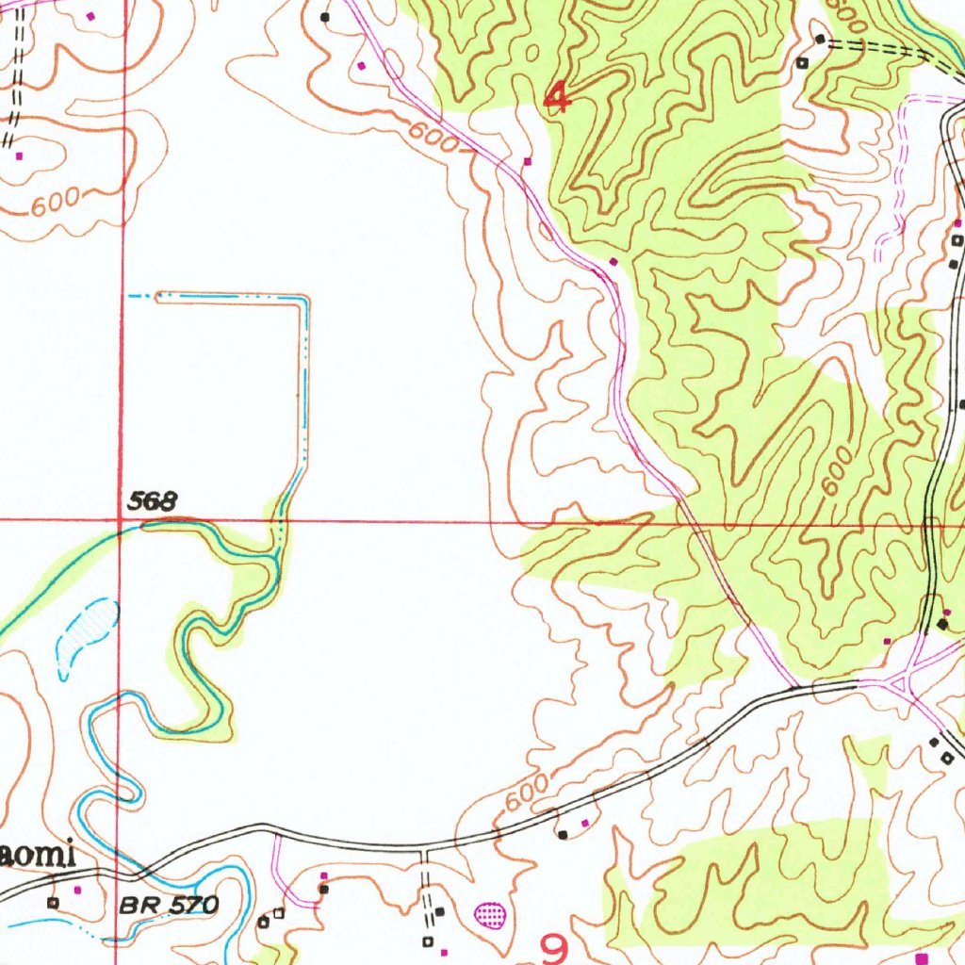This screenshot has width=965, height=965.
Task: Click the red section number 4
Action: click(558, 97)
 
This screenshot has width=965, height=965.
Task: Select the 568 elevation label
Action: click(153, 502)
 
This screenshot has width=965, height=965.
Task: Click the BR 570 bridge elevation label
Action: click(169, 907)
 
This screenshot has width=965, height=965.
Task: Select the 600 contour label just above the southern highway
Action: click(526, 793)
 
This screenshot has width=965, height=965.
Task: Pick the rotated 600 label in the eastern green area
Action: click(835, 471)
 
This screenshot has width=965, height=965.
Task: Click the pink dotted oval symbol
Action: click(490, 912)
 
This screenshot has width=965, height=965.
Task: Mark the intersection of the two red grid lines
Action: click(122, 519)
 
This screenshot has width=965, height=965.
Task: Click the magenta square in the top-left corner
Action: click(90, 16)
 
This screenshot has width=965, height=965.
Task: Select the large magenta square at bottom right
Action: click(921, 957)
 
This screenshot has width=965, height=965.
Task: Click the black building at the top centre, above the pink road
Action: click(325, 16)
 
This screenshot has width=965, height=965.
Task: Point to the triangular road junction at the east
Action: click(906, 680)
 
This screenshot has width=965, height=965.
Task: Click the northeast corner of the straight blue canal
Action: click(305, 298)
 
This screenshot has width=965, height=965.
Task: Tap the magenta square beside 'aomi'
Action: click(78, 889)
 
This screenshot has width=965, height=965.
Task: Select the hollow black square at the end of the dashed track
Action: click(802, 63)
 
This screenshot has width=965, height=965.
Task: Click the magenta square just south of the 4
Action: click(527, 161)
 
